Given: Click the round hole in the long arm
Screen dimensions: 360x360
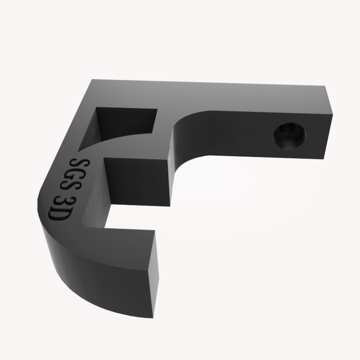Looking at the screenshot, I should point(290,135).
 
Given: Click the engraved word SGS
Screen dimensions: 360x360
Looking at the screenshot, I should point(75,176).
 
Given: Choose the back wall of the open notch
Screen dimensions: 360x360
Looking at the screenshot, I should point(135,180).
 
